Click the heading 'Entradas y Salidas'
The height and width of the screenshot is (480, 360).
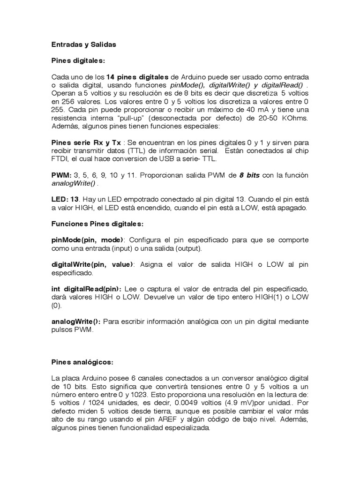point(83,45)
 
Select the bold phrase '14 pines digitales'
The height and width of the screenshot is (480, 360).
point(137,77)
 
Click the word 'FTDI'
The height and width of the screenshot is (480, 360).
point(59,158)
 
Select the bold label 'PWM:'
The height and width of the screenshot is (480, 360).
point(60,175)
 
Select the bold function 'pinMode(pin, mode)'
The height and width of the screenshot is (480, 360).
point(87,240)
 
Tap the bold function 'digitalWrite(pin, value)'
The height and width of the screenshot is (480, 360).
point(92,264)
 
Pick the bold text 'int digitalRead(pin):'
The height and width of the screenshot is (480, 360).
point(86,289)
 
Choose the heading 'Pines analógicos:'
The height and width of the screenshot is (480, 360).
point(82,362)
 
